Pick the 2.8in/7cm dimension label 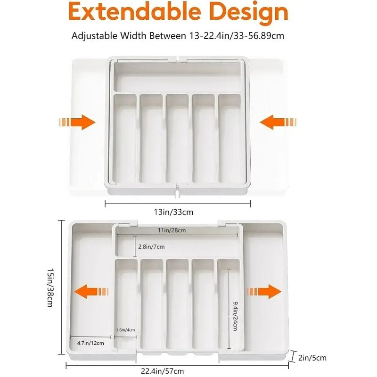tap(151, 246)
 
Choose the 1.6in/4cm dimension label tap(125, 329)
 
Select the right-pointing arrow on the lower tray tap(264, 291)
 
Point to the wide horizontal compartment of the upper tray tap(178, 78)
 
